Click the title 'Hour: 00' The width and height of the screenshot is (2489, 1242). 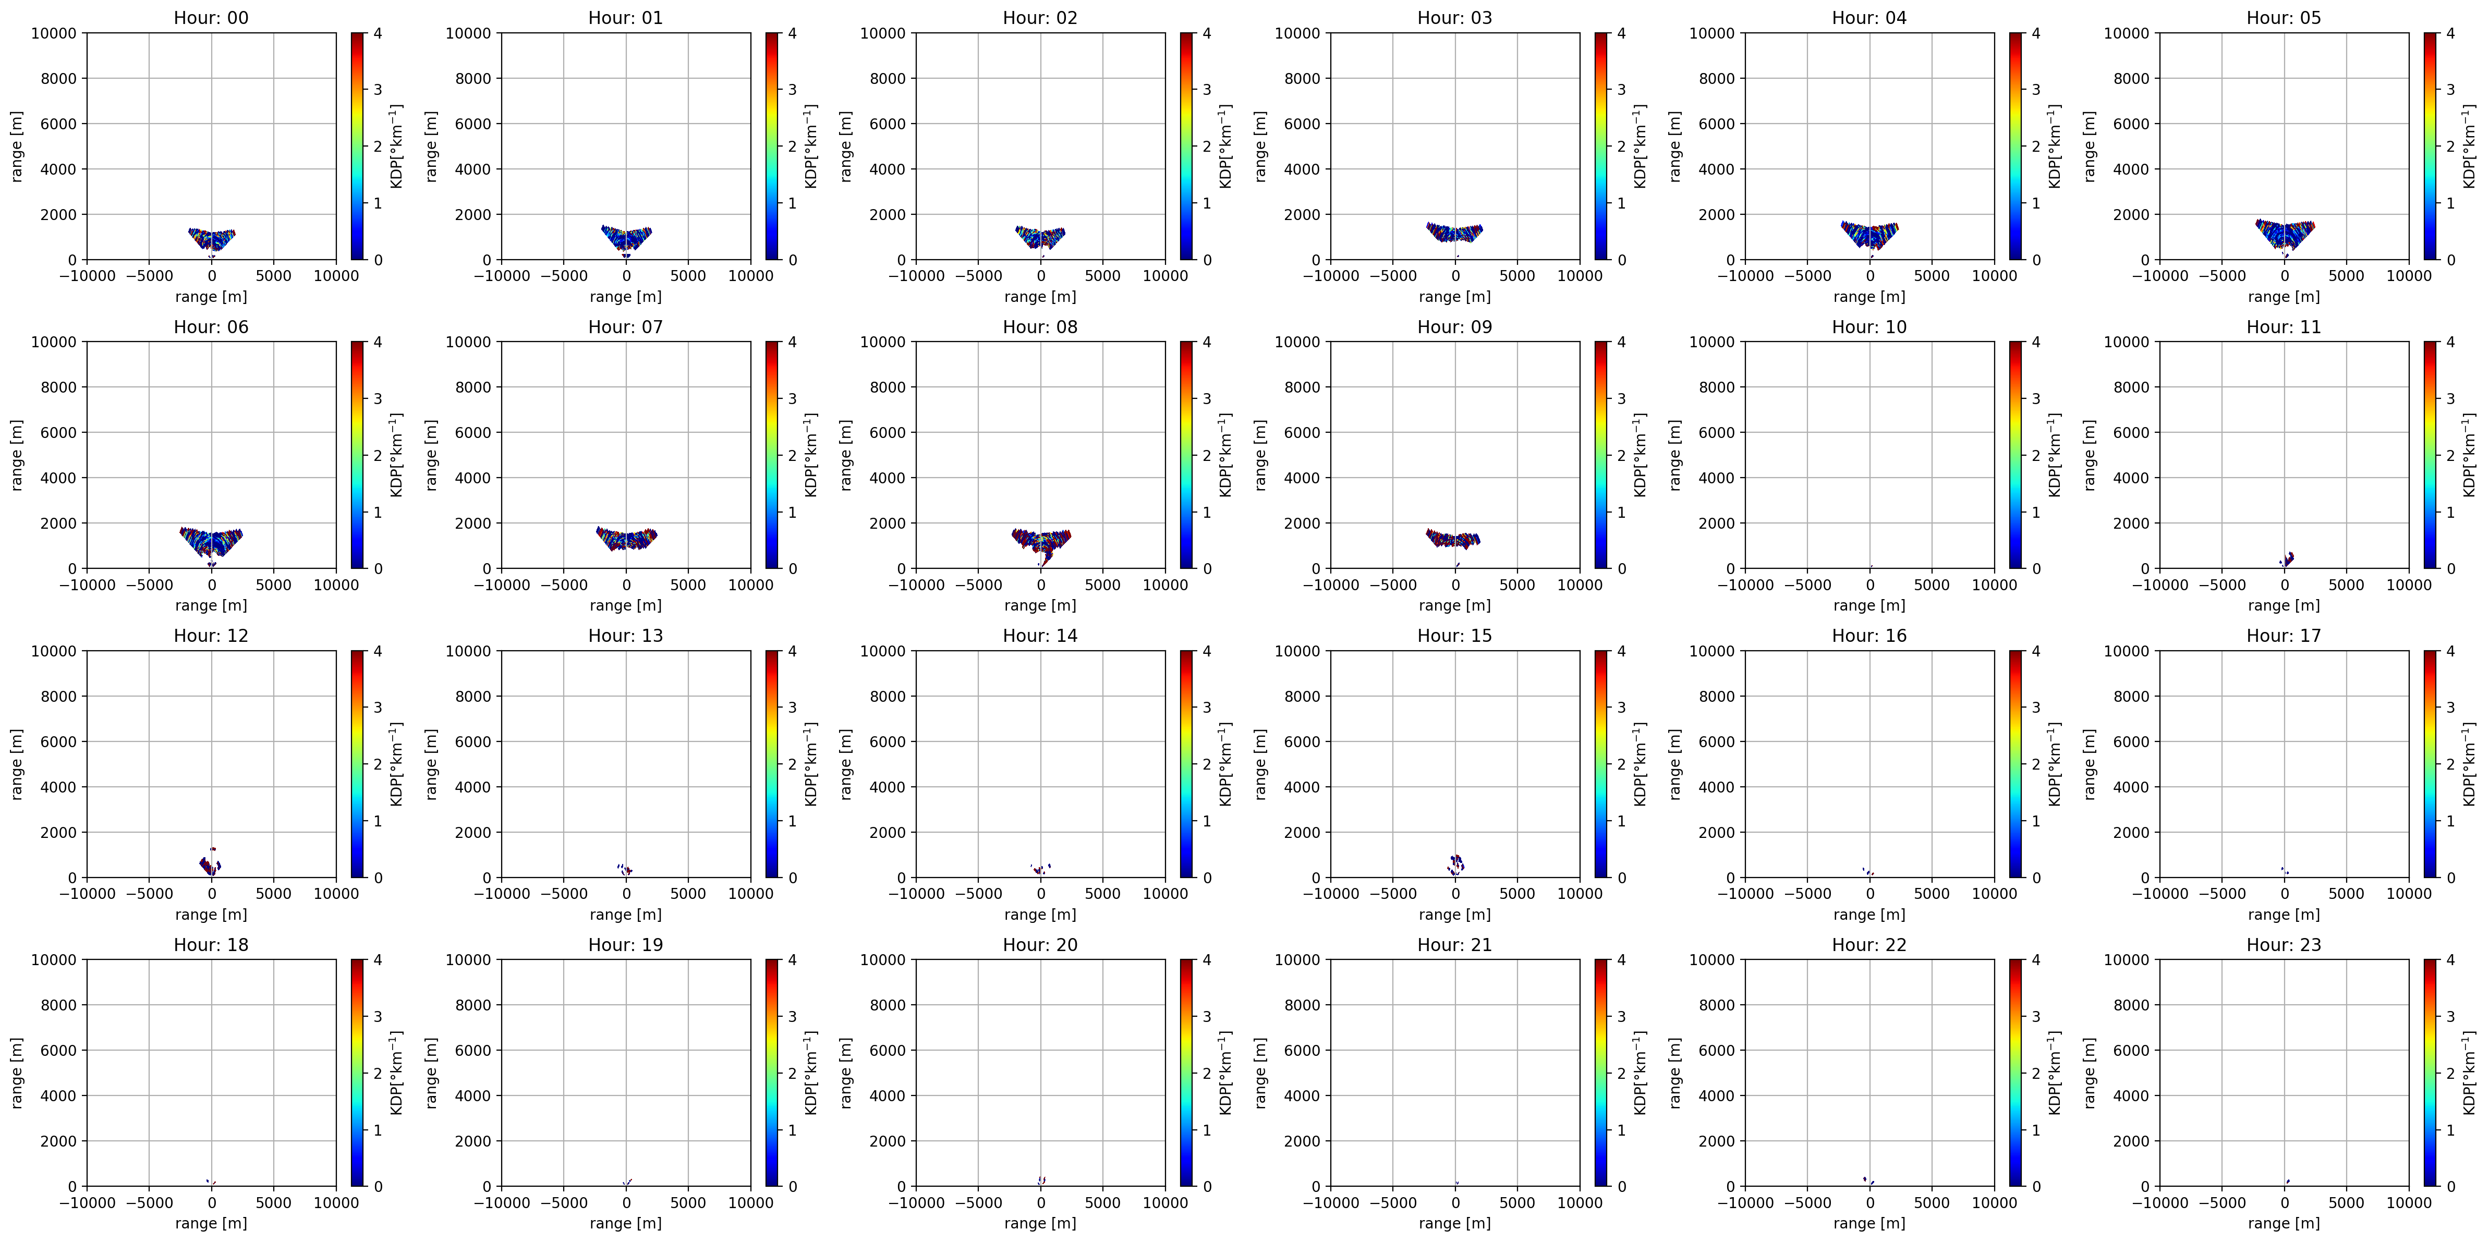[x=211, y=17]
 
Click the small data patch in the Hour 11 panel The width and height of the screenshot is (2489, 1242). [x=2286, y=559]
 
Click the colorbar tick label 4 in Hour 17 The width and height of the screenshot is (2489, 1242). [x=2450, y=651]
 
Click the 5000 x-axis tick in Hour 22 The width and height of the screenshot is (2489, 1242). [x=1932, y=1202]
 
